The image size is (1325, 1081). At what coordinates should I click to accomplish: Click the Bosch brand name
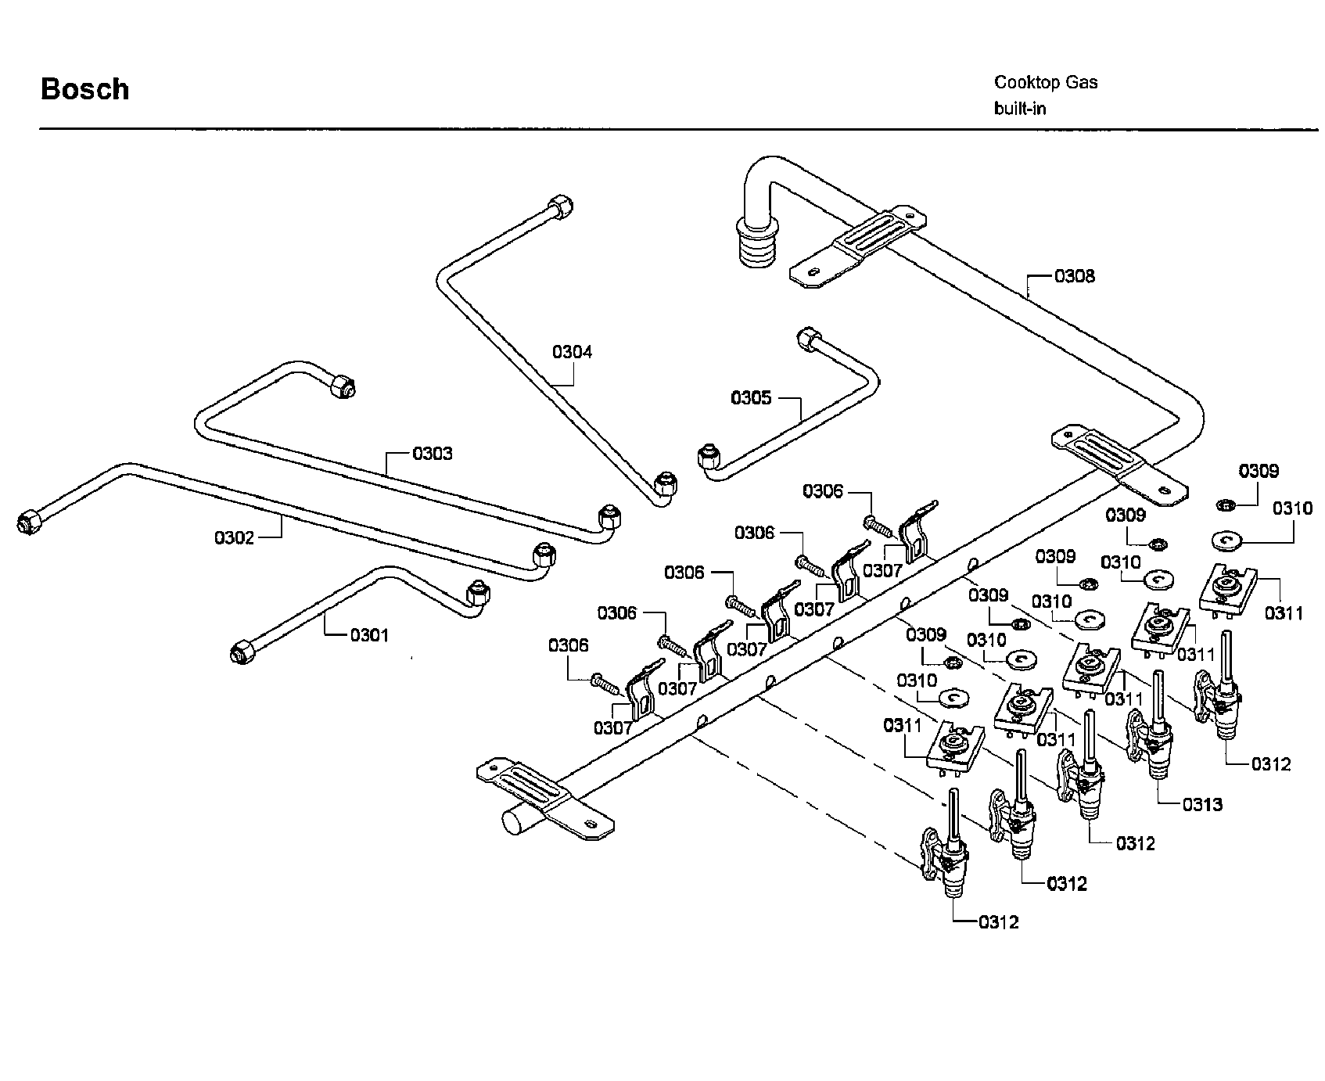coord(84,89)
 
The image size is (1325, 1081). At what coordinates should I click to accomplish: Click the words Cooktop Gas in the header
coord(1046,82)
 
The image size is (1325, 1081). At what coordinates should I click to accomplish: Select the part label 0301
coord(369,635)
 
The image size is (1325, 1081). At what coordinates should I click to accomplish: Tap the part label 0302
coord(234,537)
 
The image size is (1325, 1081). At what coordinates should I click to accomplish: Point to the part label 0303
coord(432,454)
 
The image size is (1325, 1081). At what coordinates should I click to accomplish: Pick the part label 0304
coord(573,352)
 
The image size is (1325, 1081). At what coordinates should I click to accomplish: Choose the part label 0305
coord(751,398)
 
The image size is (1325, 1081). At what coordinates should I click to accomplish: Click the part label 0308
coord(1075,276)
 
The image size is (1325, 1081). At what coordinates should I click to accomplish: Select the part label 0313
coord(1202,804)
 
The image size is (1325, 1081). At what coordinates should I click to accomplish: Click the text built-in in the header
coord(1020,109)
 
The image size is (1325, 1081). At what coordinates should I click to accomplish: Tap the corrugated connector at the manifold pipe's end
coord(754,245)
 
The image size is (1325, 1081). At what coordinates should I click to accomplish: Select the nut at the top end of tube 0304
coord(560,208)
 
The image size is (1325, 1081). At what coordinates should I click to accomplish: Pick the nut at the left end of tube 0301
coord(241,652)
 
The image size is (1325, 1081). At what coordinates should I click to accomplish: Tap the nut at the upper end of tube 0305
coord(806,340)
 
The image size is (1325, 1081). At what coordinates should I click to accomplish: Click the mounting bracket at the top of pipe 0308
coord(858,243)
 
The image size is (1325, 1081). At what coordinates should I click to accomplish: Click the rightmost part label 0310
coord(1292,508)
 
